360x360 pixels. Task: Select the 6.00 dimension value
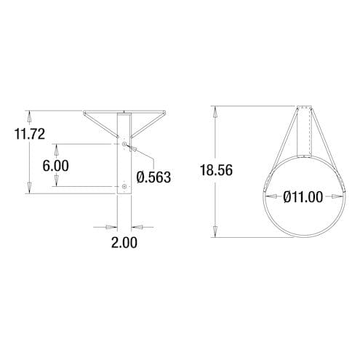(x=55, y=165)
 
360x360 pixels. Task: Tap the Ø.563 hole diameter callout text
(x=153, y=177)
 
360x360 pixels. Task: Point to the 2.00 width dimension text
(x=124, y=242)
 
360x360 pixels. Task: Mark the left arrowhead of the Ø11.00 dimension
(x=266, y=196)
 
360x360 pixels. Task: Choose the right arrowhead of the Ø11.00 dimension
(x=341, y=196)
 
